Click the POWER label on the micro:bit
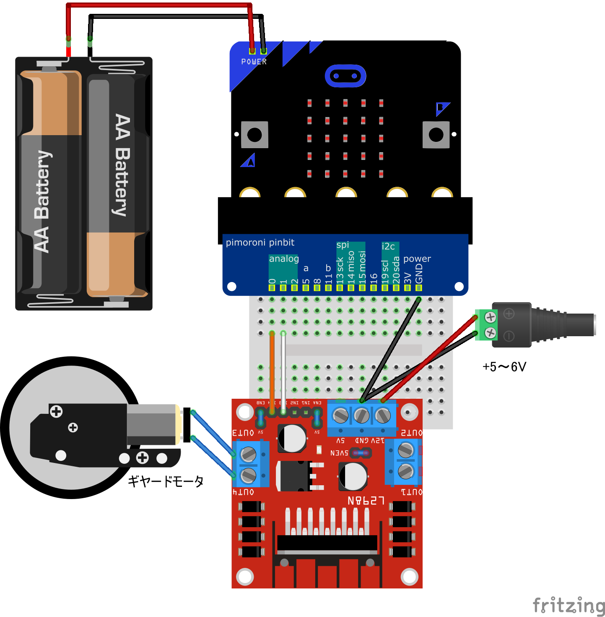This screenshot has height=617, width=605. pos(254,62)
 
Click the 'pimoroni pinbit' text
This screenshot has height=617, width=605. pos(260,243)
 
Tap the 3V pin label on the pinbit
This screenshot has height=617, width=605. pos(408,278)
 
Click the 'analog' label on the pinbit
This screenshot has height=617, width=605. pos(284,259)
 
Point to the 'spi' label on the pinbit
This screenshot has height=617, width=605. pos(343,245)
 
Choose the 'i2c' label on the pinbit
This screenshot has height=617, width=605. pos(388,247)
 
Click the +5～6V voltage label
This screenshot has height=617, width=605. pos(504,367)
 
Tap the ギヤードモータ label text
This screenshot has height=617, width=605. pos(166,481)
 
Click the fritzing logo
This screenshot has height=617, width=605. pos(569,606)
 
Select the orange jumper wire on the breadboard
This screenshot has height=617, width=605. pos(272,369)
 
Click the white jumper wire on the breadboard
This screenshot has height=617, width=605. pos(283,369)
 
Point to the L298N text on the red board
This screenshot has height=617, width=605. pos(366,500)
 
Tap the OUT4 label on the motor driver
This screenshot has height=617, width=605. pos(243,492)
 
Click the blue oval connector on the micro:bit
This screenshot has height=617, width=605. pos(345,76)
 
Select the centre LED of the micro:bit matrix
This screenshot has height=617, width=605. pos(345,138)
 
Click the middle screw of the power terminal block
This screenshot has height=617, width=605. pos(362,416)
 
